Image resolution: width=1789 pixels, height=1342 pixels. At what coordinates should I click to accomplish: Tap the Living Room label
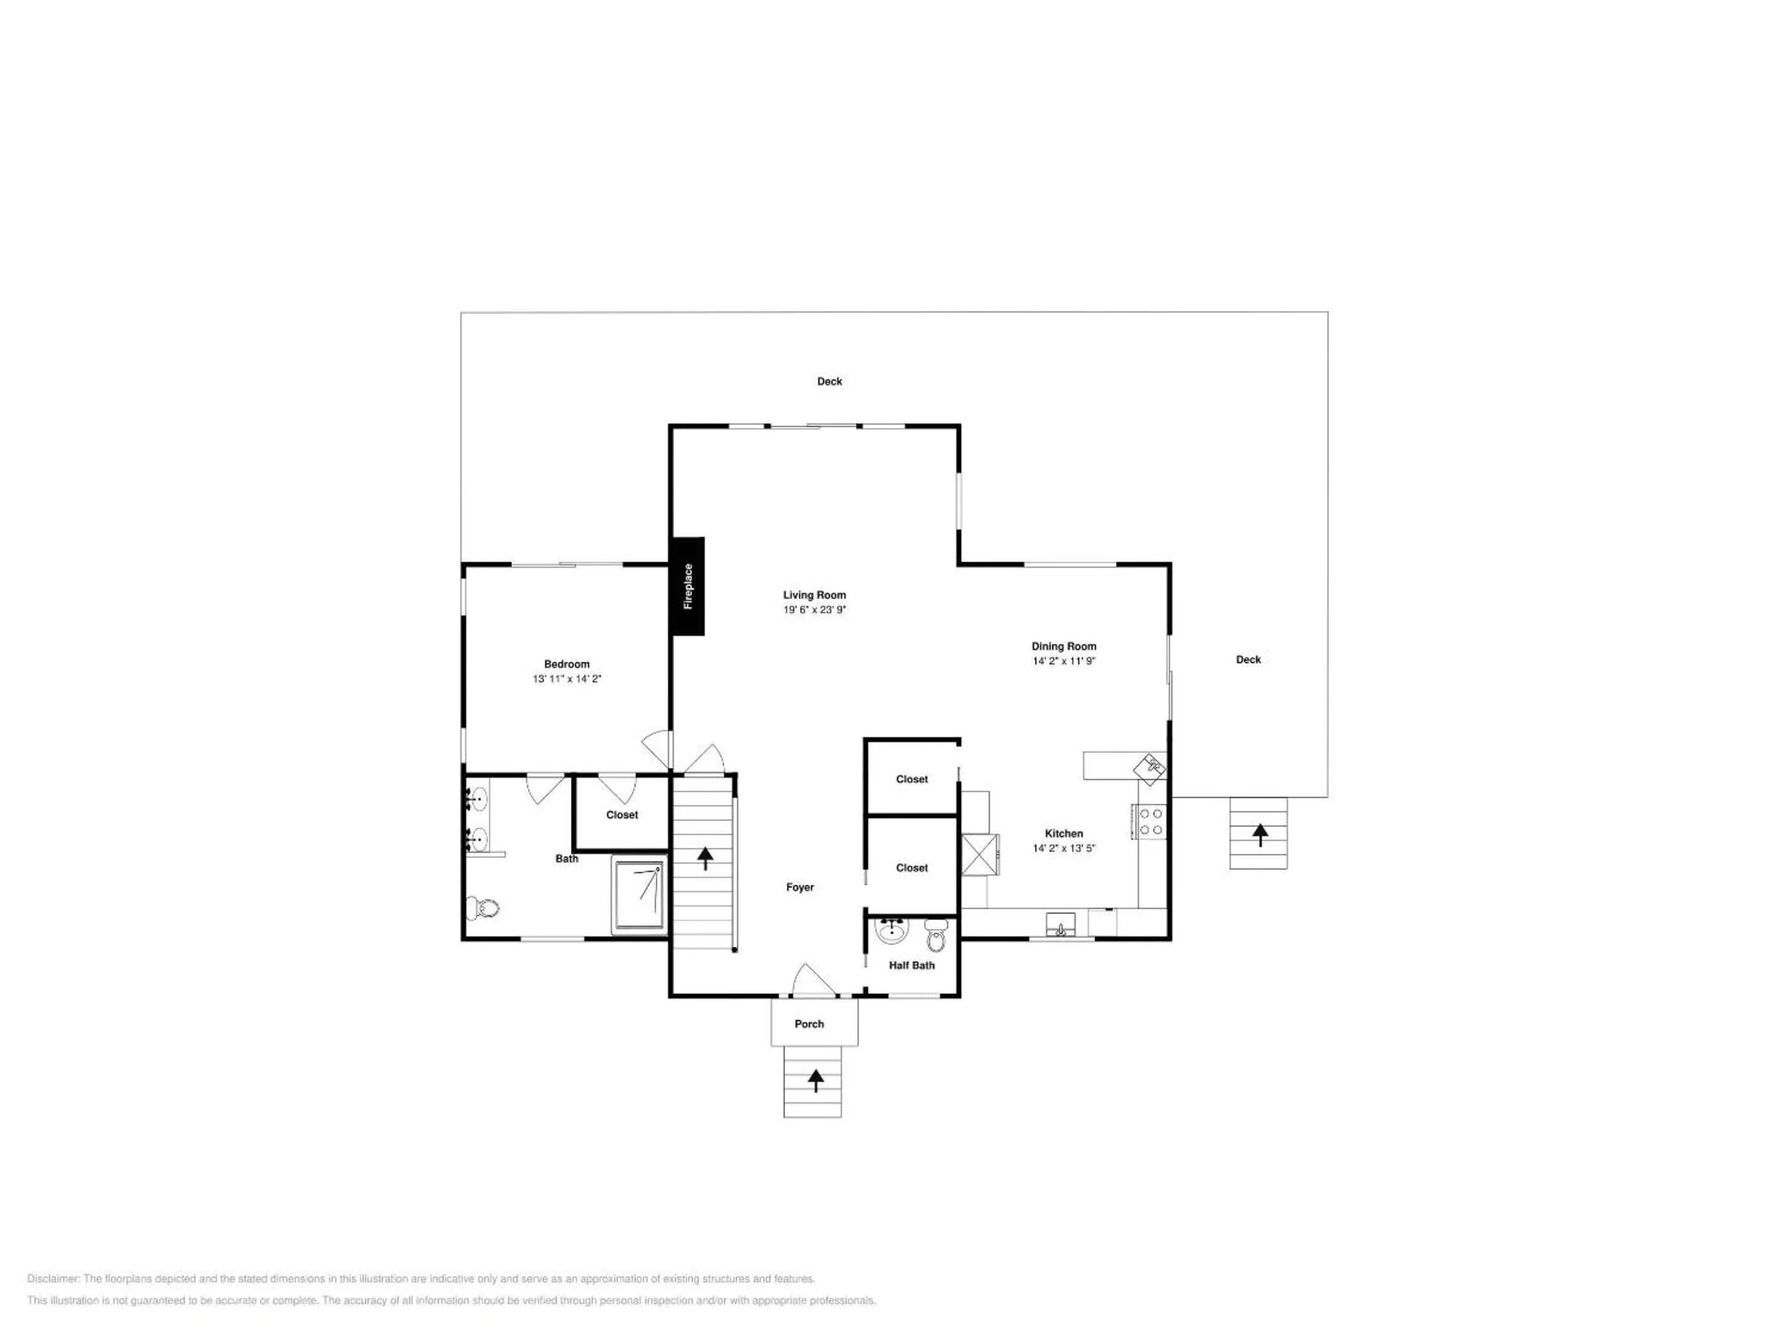pyautogui.click(x=814, y=595)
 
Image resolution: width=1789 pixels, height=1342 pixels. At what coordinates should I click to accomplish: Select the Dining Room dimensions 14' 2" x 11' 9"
pyautogui.click(x=1063, y=661)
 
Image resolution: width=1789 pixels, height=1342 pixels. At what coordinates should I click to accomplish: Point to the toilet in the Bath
pyautogui.click(x=483, y=908)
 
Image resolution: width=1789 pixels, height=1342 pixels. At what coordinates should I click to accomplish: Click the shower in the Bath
pyautogui.click(x=640, y=894)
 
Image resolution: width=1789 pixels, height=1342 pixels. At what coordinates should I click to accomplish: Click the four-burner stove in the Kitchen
pyautogui.click(x=1150, y=822)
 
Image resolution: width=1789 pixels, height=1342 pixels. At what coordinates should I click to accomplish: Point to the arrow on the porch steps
pyautogui.click(x=815, y=1080)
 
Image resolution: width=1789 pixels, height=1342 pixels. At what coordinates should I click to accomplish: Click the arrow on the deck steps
pyautogui.click(x=1260, y=834)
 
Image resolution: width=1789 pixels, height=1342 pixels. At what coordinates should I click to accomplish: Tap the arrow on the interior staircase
pyautogui.click(x=705, y=858)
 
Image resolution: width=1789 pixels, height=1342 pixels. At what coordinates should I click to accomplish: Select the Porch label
pyautogui.click(x=809, y=1024)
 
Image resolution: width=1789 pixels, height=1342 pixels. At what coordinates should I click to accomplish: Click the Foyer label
pyautogui.click(x=800, y=887)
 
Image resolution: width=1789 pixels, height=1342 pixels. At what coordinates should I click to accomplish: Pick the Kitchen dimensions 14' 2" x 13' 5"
pyautogui.click(x=1063, y=847)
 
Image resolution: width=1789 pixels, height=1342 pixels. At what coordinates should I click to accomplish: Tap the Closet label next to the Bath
pyautogui.click(x=622, y=815)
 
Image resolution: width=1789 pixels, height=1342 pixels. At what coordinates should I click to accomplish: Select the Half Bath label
pyautogui.click(x=911, y=965)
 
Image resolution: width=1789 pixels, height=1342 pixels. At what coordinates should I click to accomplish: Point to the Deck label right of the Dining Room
pyautogui.click(x=1248, y=659)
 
